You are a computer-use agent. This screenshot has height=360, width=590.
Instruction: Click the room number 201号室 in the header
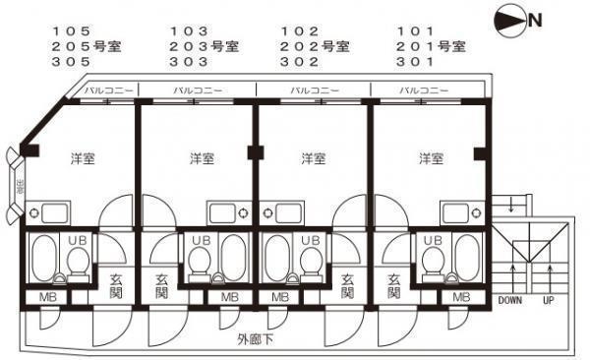point(431,46)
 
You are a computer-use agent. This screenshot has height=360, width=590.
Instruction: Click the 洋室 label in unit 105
point(83,157)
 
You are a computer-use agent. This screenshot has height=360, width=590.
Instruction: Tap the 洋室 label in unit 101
point(430,157)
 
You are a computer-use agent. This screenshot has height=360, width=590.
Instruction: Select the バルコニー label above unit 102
point(314,90)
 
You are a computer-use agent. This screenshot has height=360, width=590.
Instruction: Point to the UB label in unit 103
point(199,240)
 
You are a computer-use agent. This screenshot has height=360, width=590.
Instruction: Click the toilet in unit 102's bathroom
point(310,261)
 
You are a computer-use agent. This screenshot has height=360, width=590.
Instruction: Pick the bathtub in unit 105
point(42,259)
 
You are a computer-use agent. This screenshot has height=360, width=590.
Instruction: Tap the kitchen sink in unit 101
point(455,212)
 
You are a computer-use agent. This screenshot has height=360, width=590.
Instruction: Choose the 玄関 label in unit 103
point(161,286)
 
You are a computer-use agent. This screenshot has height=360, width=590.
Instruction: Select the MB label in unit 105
point(46,297)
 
